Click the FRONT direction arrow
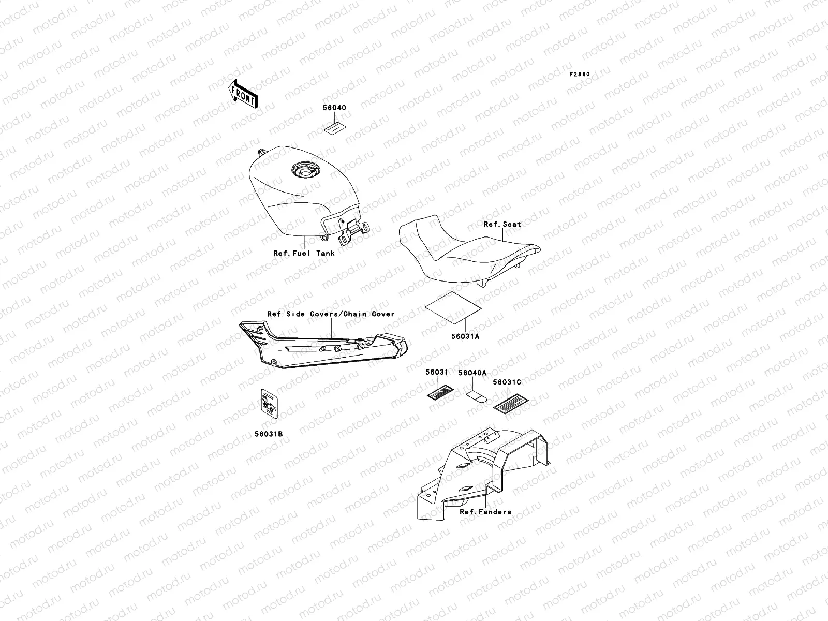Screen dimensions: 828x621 point(243,94)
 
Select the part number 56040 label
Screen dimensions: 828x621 point(334,108)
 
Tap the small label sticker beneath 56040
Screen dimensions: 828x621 point(335,128)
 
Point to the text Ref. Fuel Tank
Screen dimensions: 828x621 point(304,254)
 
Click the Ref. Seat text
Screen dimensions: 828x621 point(502,225)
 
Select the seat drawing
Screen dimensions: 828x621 point(469,250)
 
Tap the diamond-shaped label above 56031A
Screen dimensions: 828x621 point(453,307)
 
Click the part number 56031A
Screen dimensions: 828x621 point(465,336)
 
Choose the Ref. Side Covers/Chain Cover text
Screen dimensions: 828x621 point(331,314)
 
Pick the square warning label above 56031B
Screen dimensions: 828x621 point(269,404)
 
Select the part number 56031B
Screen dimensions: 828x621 point(269,434)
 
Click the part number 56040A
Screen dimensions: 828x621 point(472,373)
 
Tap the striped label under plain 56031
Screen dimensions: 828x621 point(440,392)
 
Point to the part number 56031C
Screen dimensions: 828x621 point(507,382)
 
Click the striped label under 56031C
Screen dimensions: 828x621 point(511,404)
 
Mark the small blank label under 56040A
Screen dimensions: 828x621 point(477,396)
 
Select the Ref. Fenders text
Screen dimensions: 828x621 point(485,512)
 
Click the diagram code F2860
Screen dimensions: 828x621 point(580,75)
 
